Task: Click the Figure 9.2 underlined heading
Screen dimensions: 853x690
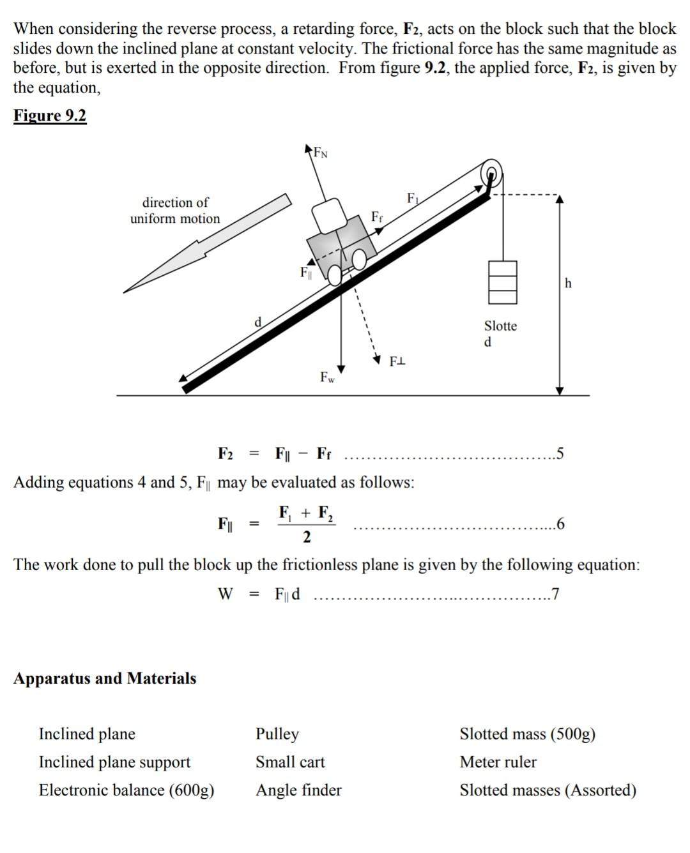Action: [50, 116]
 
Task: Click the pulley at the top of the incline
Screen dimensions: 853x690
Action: [492, 173]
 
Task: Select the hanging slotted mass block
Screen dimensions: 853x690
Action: [503, 282]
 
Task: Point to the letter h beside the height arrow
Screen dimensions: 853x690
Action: [569, 283]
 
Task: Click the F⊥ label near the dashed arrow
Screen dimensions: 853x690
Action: [397, 362]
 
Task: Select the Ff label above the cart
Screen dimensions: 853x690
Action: [377, 217]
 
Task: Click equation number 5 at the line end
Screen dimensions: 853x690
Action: [560, 454]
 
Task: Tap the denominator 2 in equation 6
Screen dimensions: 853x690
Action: [307, 538]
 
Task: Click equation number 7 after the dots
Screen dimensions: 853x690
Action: [555, 594]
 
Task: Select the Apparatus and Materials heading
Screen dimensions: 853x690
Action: [105, 678]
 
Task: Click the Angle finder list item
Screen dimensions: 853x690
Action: [298, 790]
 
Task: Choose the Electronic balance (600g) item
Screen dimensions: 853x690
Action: [126, 790]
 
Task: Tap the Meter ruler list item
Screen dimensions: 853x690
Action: [498, 762]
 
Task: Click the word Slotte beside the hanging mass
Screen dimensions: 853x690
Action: [500, 326]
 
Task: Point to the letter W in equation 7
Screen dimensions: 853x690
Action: [226, 594]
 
